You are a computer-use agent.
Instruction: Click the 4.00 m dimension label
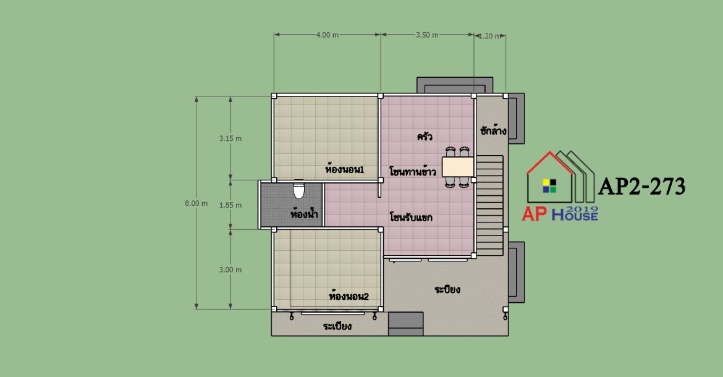tap(328, 35)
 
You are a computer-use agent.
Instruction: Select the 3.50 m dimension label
tap(427, 35)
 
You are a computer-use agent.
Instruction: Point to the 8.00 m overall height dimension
tap(197, 203)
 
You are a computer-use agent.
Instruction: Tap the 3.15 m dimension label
tap(230, 138)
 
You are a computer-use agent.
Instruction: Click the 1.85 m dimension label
tap(230, 205)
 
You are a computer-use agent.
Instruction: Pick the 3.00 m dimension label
tap(230, 269)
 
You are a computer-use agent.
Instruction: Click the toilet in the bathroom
tap(299, 190)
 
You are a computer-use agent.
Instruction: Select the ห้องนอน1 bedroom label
tap(344, 169)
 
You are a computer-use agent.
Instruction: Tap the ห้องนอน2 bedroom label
tap(349, 296)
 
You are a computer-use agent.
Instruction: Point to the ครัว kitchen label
tap(425, 137)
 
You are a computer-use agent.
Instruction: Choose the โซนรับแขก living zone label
tap(411, 217)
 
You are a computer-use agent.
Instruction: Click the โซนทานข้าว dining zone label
tap(413, 172)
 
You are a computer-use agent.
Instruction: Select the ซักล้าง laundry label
tap(493, 130)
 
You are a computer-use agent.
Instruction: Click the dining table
tap(458, 167)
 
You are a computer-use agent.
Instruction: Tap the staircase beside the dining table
tap(489, 205)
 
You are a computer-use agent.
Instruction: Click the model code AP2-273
tap(641, 187)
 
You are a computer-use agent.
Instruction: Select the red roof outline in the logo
tap(550, 175)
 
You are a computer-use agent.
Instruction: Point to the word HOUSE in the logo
tap(575, 215)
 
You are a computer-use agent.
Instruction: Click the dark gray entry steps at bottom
tap(406, 323)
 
